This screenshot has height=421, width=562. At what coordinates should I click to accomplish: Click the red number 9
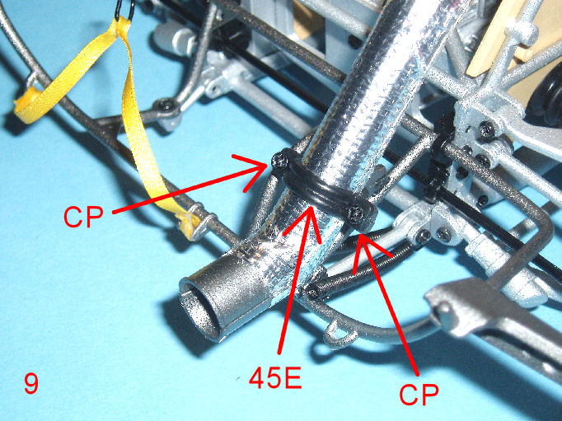tap(31, 383)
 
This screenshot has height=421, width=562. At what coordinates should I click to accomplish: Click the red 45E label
tap(275, 378)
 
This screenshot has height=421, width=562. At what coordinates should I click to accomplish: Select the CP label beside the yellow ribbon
tap(83, 216)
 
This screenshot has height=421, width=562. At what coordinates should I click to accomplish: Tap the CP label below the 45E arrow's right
tap(419, 394)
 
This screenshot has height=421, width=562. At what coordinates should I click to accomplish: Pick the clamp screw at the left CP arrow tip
tap(280, 161)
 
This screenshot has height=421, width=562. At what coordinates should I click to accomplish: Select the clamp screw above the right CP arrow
tap(357, 214)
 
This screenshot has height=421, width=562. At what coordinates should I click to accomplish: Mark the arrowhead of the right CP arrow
tap(366, 247)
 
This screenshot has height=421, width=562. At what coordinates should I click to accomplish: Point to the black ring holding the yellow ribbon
tap(124, 10)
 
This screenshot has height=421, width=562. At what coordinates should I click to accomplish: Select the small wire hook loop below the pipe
tap(340, 334)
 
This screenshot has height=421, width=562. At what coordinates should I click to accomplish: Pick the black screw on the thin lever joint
tap(167, 105)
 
